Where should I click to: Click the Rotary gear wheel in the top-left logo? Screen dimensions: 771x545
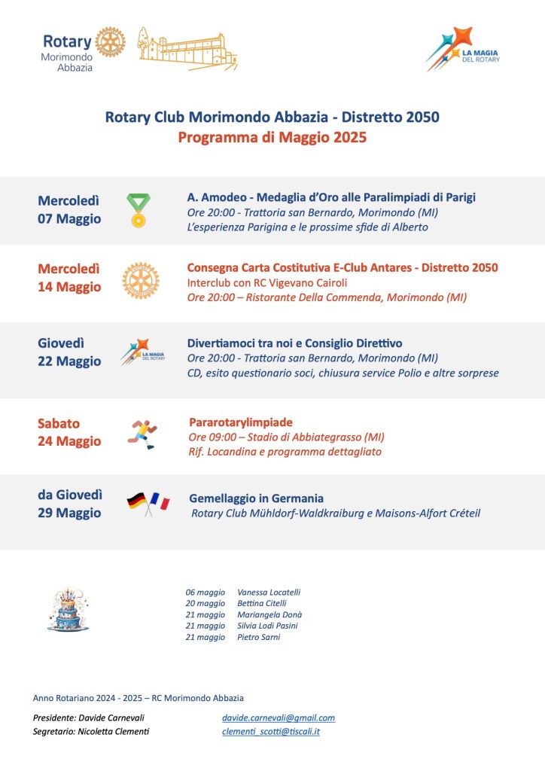coord(110,42)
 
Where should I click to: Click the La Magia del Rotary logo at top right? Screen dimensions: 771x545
coord(461,50)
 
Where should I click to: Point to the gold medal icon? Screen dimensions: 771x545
coord(139,210)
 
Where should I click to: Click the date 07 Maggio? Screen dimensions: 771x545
coord(69,219)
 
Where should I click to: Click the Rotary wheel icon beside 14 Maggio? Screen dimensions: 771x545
coord(140,280)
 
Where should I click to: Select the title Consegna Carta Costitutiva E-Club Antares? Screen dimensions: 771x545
coord(342,267)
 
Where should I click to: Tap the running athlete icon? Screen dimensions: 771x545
coord(143,434)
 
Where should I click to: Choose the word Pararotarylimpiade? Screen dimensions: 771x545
coord(241,422)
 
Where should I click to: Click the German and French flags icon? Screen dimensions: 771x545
coord(148,503)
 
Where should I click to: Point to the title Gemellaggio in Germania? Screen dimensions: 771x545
coord(257,498)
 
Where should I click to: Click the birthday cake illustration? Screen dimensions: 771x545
coord(68,609)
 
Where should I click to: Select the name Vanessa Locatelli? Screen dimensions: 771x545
coord(269,592)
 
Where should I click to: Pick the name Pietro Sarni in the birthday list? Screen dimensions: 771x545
coord(258,637)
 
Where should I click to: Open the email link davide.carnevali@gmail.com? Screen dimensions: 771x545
coord(279,718)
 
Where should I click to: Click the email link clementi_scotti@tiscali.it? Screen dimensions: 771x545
coord(271,731)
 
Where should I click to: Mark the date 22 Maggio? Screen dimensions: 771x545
coord(69,361)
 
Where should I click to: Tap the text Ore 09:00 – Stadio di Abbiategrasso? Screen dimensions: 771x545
coord(286,437)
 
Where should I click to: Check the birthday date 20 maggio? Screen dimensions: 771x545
coord(205,603)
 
